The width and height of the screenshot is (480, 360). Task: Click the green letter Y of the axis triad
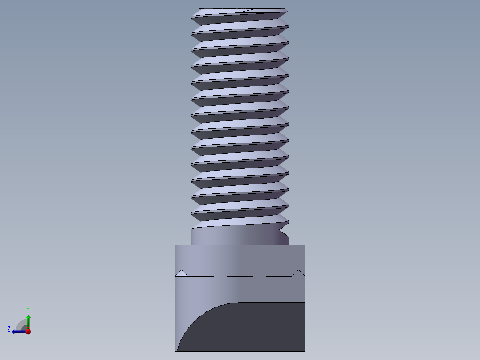pos(28,310)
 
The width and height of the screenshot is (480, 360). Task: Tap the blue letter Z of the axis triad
pos(9,329)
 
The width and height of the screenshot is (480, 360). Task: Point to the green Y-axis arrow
pos(28,322)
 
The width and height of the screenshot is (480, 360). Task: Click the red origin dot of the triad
pos(28,331)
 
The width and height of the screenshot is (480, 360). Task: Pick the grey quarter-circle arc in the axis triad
pos(19,323)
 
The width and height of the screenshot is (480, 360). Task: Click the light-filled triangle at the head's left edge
pos(181,273)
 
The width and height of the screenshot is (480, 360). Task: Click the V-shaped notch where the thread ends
pos(284,229)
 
